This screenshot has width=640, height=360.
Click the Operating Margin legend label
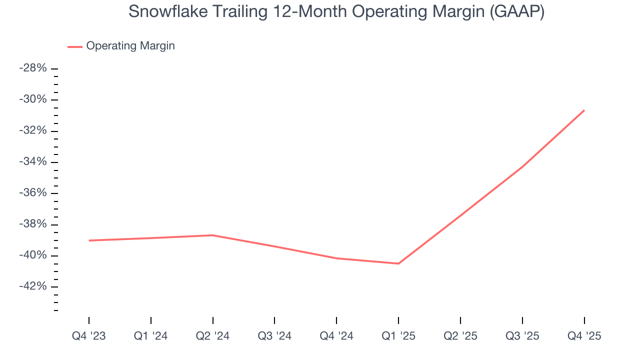point(130,46)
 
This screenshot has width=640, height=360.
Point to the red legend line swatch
point(75,46)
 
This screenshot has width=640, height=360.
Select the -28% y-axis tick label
point(33,68)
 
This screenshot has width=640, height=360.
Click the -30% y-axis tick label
point(33,99)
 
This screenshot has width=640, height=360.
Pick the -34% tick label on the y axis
point(33,162)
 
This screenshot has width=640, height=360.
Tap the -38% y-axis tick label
point(33,224)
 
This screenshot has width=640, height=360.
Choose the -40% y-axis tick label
point(33,255)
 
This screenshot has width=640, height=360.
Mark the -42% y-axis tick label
point(33,287)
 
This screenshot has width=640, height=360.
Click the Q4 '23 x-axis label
point(89,336)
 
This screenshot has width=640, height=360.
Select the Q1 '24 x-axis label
point(151,336)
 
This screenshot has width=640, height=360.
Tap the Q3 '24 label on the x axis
point(274,336)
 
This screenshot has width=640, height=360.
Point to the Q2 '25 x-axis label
point(460,336)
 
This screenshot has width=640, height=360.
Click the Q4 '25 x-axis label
point(584,336)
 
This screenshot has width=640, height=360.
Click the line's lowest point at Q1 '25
point(398,263)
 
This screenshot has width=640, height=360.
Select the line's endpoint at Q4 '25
point(584,110)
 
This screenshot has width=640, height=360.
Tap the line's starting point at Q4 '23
point(89,240)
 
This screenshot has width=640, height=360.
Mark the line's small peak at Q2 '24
point(213,235)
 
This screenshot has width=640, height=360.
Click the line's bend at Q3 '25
point(522,166)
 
